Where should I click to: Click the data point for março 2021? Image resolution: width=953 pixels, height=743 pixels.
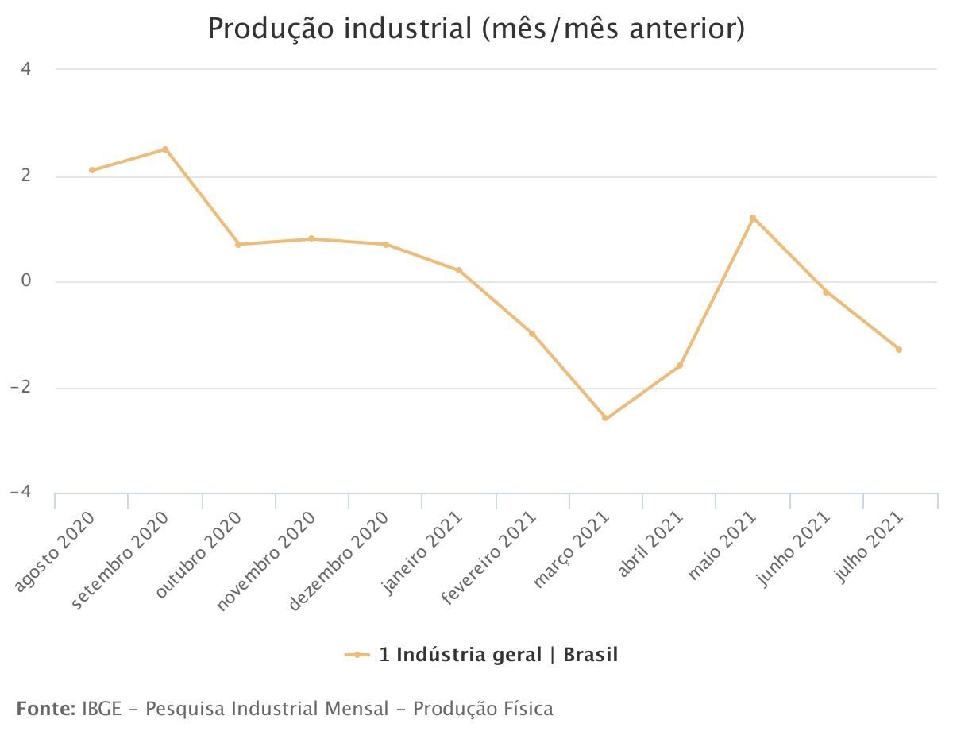tap(605, 418)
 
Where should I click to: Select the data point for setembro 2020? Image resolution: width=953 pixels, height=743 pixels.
tap(165, 149)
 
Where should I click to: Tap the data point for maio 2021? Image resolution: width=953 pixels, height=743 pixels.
tap(752, 218)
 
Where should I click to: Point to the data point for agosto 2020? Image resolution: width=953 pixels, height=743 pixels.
tap(92, 170)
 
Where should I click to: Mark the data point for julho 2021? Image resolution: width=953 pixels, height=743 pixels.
tap(899, 350)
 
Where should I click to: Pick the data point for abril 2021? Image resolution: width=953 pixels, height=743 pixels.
tap(680, 366)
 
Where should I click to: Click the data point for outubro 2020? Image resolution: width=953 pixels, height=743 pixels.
tap(238, 244)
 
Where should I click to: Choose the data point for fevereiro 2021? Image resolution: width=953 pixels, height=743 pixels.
tap(532, 334)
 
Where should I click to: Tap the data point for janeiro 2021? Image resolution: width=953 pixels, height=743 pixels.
tap(459, 270)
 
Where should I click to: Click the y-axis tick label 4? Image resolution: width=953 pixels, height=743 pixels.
tap(26, 69)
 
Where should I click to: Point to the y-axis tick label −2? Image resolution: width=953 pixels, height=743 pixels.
tap(21, 387)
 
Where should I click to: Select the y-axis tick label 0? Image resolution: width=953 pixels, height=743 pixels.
tap(26, 281)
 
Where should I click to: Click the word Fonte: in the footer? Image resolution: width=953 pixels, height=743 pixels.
tap(45, 708)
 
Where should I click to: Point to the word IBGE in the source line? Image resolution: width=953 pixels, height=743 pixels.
tap(102, 708)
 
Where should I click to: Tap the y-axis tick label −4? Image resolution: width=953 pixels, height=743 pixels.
tap(21, 493)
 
